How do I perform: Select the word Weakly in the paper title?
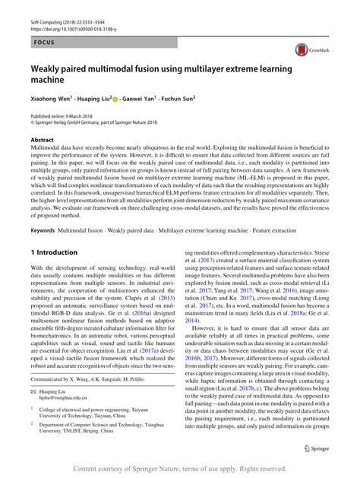pyautogui.click(x=53, y=68)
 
